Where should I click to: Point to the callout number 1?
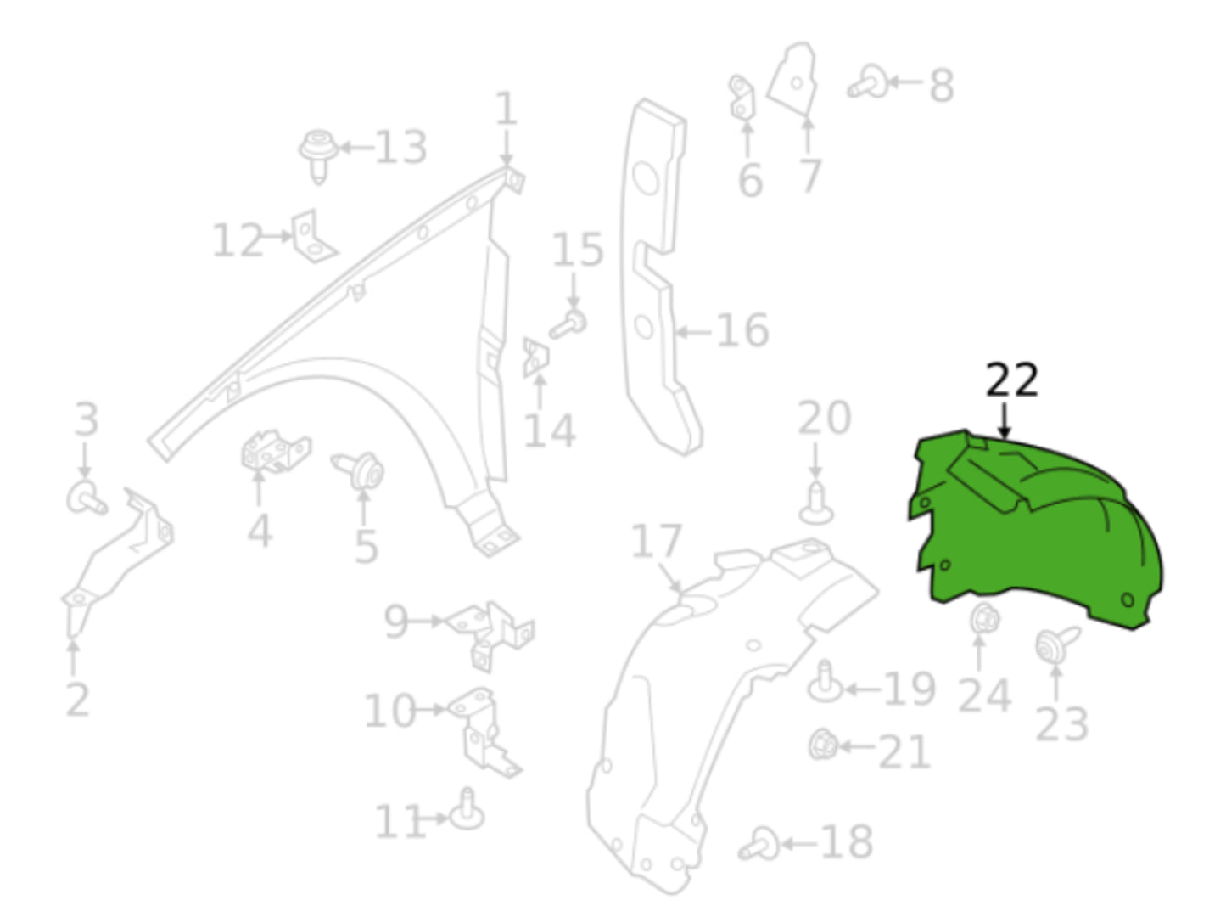(506, 110)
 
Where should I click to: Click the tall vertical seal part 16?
(658, 280)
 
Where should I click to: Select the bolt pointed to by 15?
(569, 323)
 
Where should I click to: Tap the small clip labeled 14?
(535, 357)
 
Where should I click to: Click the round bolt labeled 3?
(86, 498)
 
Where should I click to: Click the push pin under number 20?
(816, 504)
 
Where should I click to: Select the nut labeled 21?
(823, 745)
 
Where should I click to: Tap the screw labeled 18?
(760, 844)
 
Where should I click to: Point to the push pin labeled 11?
(466, 812)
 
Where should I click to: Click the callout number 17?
(656, 542)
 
